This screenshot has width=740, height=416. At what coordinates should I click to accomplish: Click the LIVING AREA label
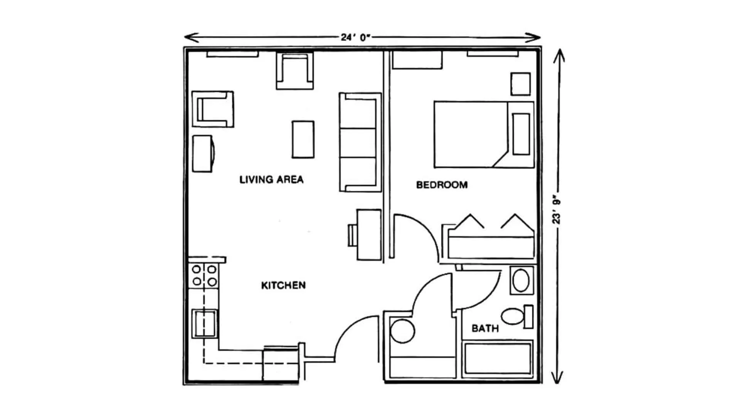click(x=271, y=179)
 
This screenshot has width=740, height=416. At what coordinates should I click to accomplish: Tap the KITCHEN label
click(x=283, y=285)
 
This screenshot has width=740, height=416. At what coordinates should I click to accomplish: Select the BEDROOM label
click(x=442, y=185)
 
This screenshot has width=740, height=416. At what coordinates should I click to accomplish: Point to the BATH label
click(x=485, y=329)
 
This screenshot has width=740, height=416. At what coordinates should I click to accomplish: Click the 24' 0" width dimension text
click(x=355, y=37)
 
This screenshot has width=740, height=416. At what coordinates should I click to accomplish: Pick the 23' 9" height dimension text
click(x=556, y=211)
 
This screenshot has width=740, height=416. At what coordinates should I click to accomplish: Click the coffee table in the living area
click(x=303, y=139)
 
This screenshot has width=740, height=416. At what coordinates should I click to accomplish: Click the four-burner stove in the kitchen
click(x=204, y=276)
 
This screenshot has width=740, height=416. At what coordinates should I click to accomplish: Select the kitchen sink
click(x=205, y=324)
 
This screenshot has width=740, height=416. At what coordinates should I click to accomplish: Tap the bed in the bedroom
click(x=484, y=134)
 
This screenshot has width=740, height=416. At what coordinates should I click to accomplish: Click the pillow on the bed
click(x=521, y=134)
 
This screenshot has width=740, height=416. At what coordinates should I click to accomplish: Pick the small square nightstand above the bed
click(x=520, y=84)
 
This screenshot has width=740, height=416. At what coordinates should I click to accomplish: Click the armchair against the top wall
click(x=295, y=71)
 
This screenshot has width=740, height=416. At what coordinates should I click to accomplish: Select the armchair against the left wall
click(x=213, y=109)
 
